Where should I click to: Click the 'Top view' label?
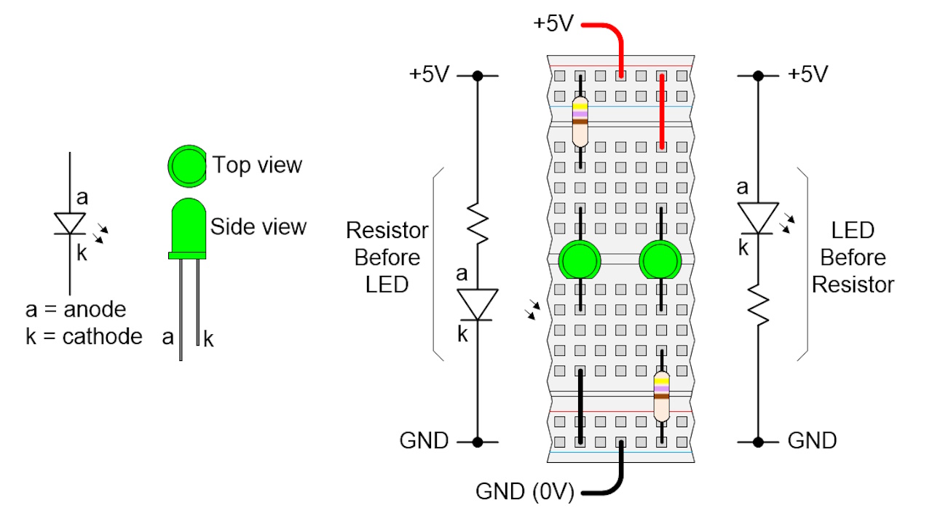[x=257, y=165]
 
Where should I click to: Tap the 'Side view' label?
[x=258, y=226]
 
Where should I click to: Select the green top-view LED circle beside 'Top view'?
[x=187, y=164]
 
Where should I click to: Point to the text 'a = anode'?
[x=76, y=309]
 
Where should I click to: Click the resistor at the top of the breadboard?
[x=580, y=120]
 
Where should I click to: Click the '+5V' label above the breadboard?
[x=554, y=23]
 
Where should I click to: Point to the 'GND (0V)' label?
[x=524, y=492]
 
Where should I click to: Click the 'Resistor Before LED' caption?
[x=387, y=258]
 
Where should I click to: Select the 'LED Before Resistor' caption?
[x=853, y=258]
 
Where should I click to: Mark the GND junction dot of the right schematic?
[x=758, y=442]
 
